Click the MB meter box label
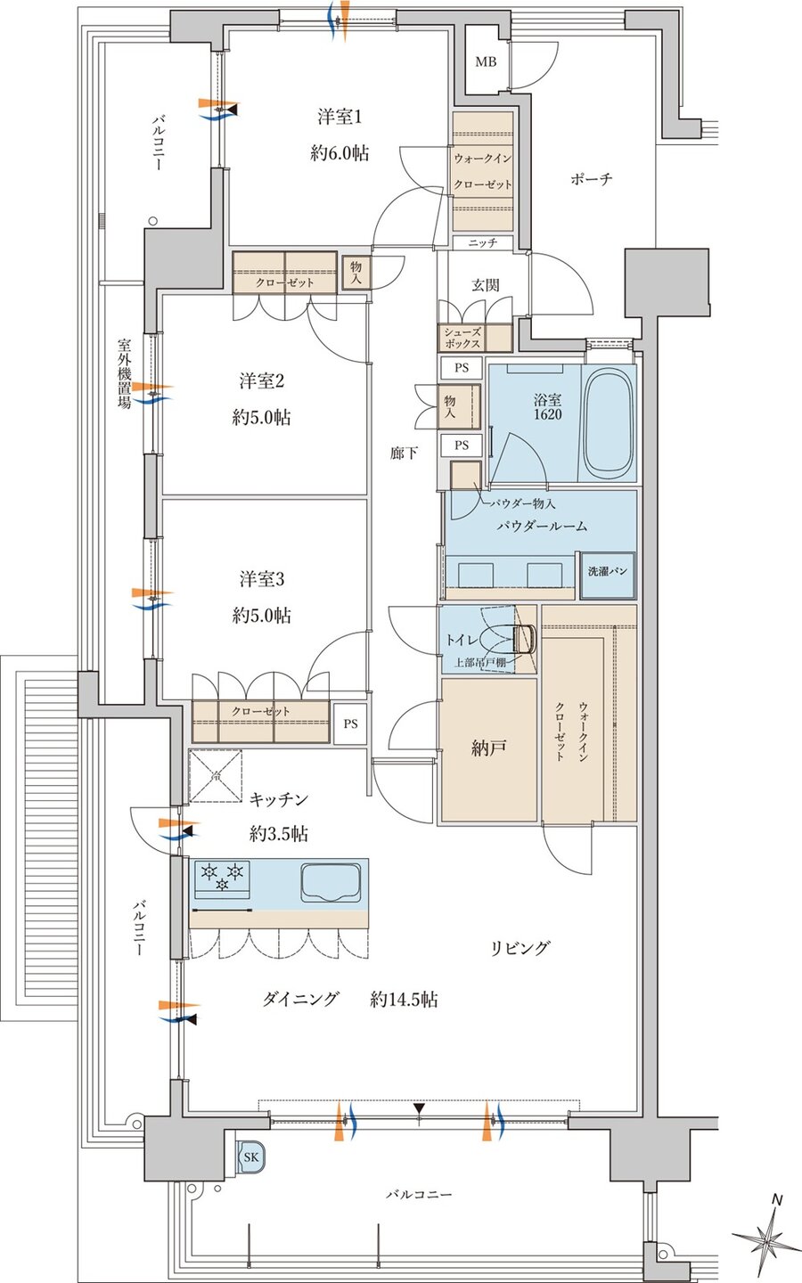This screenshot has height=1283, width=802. click(x=485, y=61)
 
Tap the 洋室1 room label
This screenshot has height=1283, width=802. click(x=339, y=117)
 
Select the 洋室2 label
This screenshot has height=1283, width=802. click(x=261, y=381)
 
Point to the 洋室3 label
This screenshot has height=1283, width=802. click(x=261, y=579)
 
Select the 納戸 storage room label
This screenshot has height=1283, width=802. click(x=488, y=748)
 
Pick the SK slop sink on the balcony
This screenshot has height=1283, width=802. click(x=250, y=1156)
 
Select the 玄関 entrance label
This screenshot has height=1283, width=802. click(x=485, y=285)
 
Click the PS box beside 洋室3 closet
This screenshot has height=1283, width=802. click(x=350, y=723)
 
